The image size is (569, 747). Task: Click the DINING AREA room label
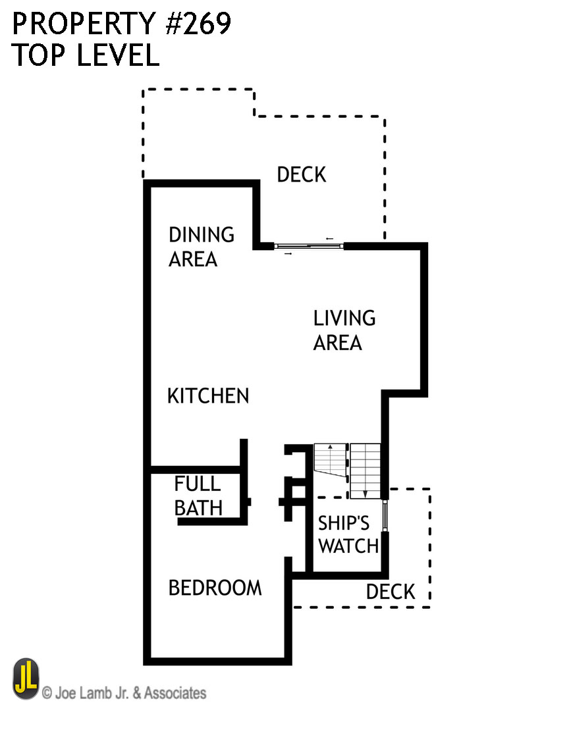202,247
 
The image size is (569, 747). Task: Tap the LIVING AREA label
344,330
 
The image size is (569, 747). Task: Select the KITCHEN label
208,396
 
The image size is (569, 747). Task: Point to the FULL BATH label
198,496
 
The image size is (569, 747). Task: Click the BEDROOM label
215,588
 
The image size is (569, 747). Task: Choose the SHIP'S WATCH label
348,534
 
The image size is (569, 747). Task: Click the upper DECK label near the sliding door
301,175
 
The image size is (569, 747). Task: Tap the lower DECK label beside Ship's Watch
391,592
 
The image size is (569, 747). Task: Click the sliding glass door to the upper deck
310,246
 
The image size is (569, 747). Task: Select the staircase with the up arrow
330,459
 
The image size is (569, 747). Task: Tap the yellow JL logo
26,679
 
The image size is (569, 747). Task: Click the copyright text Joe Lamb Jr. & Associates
124,693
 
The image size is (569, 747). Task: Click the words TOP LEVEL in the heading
86,56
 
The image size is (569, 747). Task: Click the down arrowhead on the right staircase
365,494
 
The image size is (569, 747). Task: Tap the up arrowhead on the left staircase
330,447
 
